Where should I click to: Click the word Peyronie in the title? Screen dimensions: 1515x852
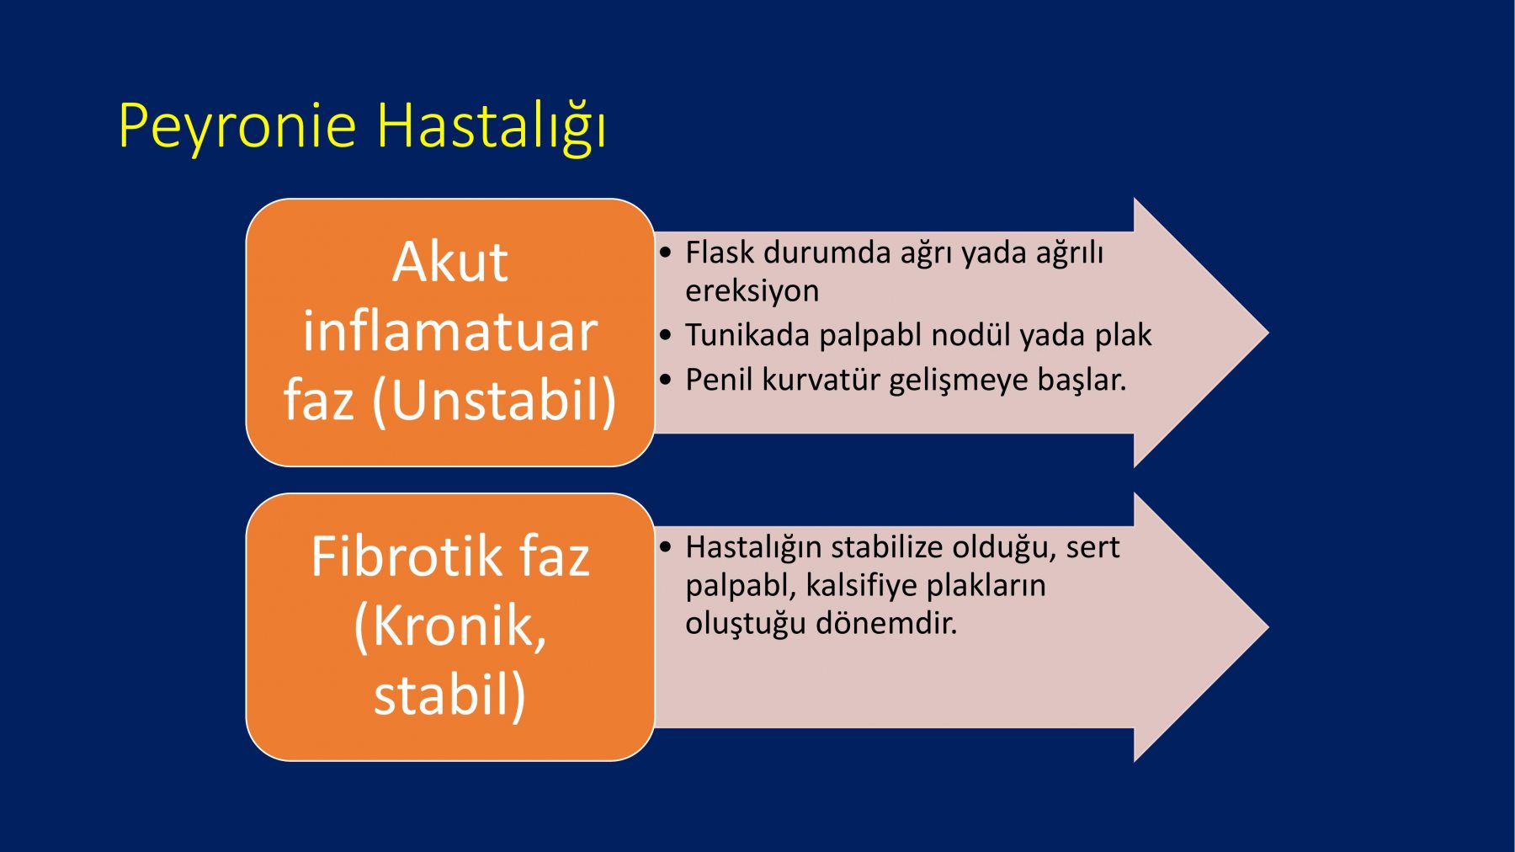(x=237, y=127)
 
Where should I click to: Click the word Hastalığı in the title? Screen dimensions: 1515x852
(x=492, y=127)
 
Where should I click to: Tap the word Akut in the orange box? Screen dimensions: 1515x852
(x=450, y=262)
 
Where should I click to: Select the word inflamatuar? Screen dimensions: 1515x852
(x=450, y=331)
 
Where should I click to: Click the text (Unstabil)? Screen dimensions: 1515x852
(x=495, y=401)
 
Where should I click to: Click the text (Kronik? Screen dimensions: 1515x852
(x=450, y=627)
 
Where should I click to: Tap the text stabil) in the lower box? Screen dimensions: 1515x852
(x=450, y=695)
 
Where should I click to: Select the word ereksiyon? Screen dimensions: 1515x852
(x=752, y=291)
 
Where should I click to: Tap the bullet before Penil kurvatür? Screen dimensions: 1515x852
(x=666, y=381)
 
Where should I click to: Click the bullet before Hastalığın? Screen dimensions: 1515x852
(x=666, y=548)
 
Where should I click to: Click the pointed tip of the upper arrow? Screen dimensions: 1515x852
(x=1268, y=333)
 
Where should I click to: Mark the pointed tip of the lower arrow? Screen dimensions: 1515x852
(x=1268, y=627)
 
